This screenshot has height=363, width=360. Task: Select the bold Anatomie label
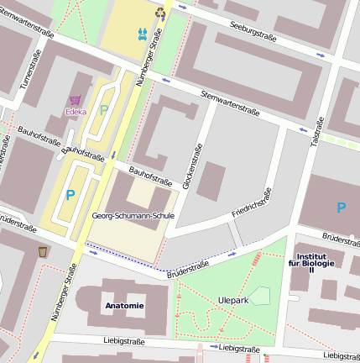point(124,305)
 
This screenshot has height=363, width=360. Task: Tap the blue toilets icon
point(142,34)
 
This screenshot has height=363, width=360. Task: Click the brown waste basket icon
point(43,251)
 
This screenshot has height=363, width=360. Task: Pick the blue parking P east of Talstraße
point(341,208)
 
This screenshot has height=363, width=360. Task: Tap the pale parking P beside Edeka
point(103,110)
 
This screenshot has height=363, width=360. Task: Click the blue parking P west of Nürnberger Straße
point(70,195)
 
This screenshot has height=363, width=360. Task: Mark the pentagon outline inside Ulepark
point(261,296)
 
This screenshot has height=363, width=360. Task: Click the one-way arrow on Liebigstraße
point(214,346)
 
